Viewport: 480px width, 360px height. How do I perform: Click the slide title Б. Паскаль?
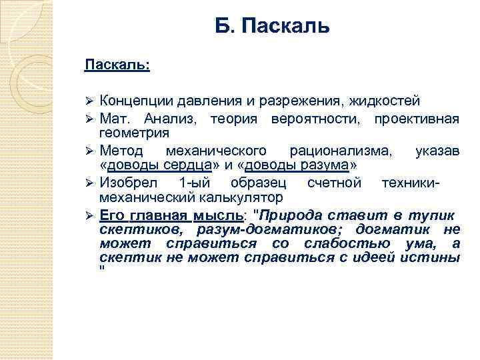tap(272, 27)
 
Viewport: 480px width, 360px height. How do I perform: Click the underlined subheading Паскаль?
tap(117, 65)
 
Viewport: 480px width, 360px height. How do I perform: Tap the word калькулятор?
tap(236, 197)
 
